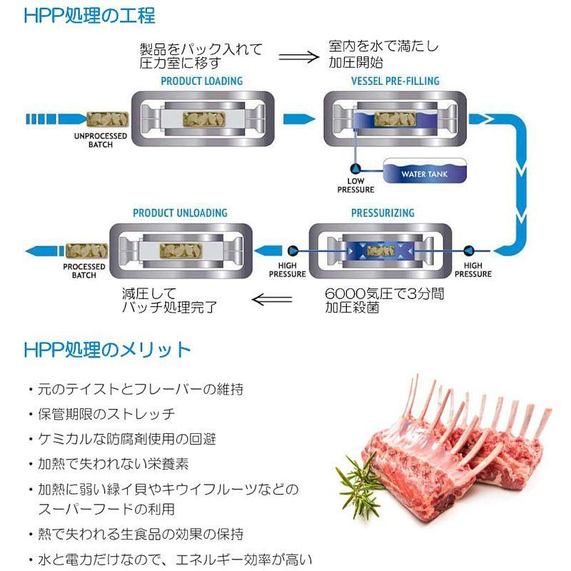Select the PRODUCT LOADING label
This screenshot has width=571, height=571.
point(201,81)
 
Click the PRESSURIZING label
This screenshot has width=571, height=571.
point(383,213)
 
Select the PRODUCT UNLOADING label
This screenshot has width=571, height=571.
point(180,213)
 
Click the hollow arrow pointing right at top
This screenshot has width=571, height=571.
point(298,56)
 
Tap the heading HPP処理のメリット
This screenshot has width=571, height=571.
point(107,350)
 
